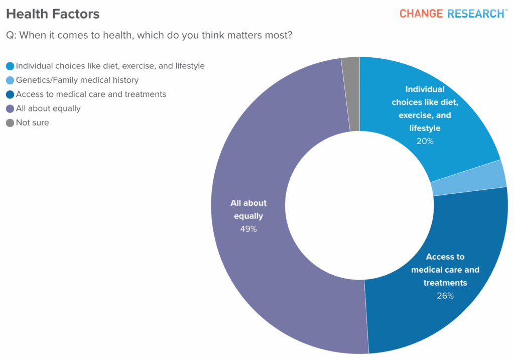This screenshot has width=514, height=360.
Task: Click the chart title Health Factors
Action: [x=53, y=14]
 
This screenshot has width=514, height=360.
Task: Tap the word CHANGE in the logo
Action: [x=421, y=14]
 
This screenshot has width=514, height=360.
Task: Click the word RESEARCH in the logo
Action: [x=475, y=14]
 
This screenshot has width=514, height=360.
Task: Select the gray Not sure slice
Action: [x=351, y=94]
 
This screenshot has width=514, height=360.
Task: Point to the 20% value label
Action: [x=425, y=141]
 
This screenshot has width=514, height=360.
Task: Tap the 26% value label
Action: [x=445, y=296]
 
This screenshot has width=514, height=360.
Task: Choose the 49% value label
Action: [x=248, y=229]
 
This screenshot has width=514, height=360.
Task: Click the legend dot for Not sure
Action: [x=10, y=123]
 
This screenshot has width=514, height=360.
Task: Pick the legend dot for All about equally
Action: [x=10, y=108]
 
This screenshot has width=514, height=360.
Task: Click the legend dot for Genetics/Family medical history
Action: [x=10, y=80]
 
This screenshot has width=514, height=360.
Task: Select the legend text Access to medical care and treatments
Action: [x=91, y=94]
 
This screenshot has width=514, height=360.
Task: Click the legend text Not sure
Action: [x=32, y=123]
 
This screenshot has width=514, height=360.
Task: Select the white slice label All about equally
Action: [x=248, y=209]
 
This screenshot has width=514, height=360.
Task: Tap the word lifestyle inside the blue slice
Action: [x=425, y=128]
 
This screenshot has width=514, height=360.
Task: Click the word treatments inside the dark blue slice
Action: [x=445, y=283]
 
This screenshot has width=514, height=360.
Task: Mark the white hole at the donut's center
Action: [x=359, y=205]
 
